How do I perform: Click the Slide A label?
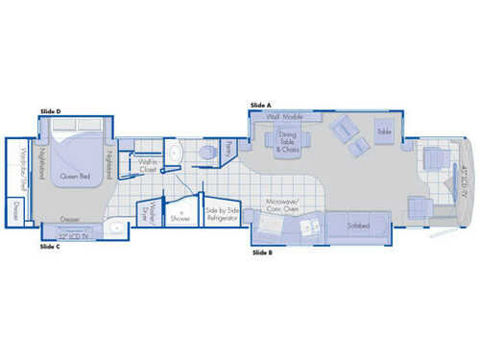click(260, 105)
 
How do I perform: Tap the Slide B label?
click(262, 252)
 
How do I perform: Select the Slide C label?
click(50, 247)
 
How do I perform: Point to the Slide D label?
click(51, 112)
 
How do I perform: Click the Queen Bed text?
click(75, 176)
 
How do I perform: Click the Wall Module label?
click(285, 116)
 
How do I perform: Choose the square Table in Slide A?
click(384, 131)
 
